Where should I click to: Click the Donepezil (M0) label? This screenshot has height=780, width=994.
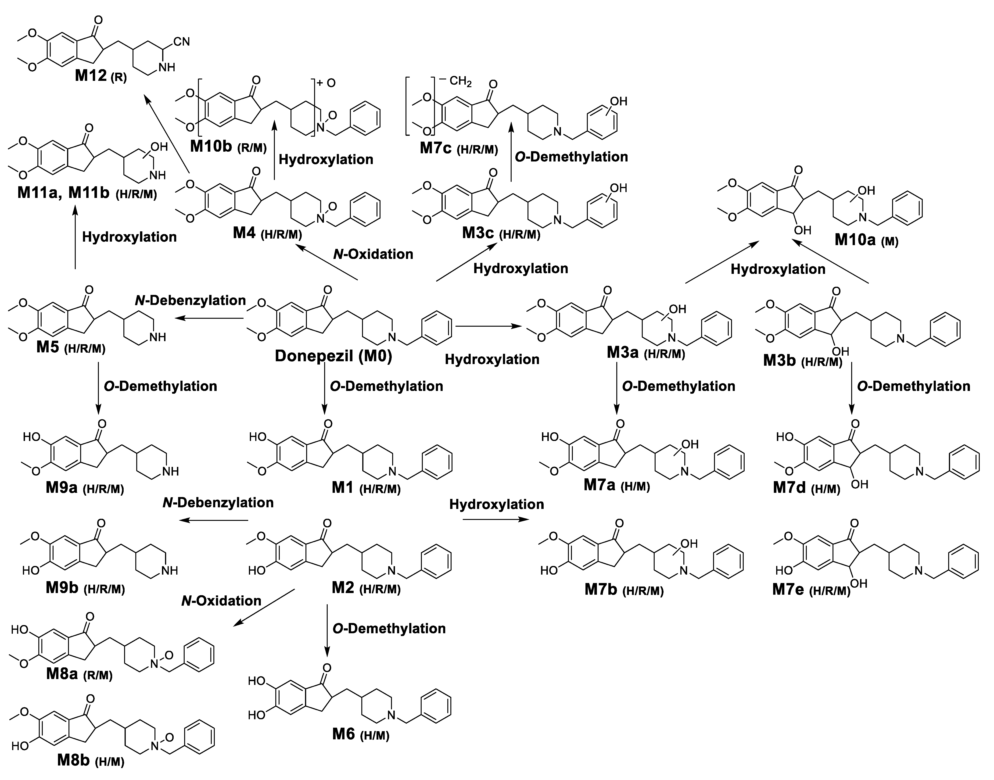(334, 356)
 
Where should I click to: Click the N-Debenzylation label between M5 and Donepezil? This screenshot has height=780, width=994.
(190, 301)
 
